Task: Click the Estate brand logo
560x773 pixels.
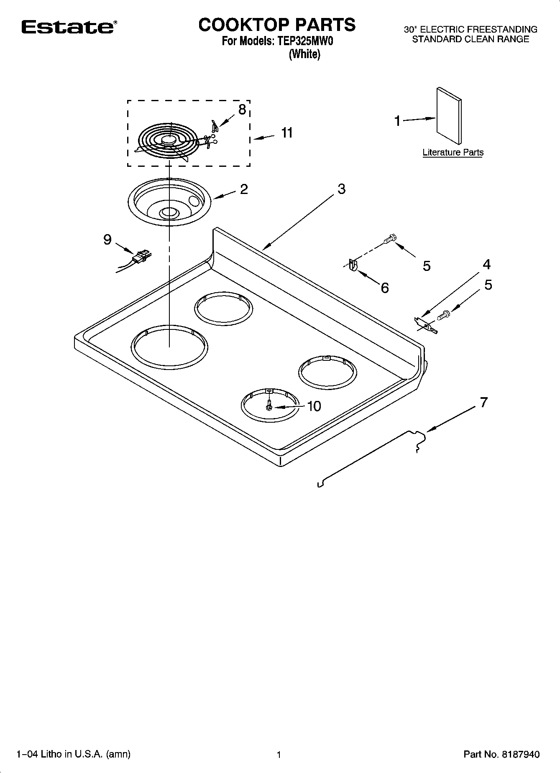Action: [67, 27]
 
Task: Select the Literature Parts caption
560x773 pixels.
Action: [453, 153]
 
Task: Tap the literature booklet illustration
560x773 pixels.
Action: [449, 115]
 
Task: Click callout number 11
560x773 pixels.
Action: [286, 133]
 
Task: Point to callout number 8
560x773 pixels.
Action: [242, 110]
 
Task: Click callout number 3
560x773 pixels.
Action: [342, 189]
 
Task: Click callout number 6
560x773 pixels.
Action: [384, 288]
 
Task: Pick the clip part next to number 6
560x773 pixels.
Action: [352, 265]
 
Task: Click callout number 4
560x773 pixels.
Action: [486, 265]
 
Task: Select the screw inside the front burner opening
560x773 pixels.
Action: [269, 405]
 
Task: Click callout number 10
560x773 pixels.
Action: [314, 406]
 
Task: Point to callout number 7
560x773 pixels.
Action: [483, 402]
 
